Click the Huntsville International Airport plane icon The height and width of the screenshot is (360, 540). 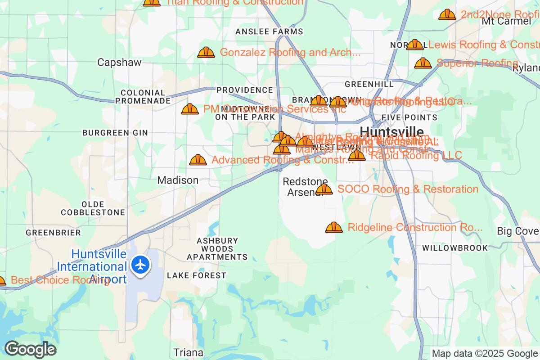[141, 265]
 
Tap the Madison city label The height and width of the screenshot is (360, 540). [178, 180]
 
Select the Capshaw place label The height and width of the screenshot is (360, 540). [119, 63]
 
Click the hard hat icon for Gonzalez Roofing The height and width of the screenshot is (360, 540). [206, 53]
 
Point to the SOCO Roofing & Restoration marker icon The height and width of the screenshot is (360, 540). [324, 189]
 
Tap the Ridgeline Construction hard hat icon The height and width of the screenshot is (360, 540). [334, 228]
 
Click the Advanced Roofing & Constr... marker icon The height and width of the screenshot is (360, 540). [198, 160]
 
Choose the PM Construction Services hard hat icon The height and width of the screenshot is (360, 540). [190, 109]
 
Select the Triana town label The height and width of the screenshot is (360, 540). [189, 352]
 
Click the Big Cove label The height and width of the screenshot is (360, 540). [518, 231]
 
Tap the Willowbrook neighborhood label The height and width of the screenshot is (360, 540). [455, 248]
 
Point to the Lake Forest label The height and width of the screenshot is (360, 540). [197, 275]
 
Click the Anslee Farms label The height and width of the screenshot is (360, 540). [270, 31]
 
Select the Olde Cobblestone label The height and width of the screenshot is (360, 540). [93, 208]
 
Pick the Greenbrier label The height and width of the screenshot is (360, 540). [54, 233]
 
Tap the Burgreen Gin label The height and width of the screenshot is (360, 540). [115, 133]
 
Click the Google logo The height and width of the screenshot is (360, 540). [31, 349]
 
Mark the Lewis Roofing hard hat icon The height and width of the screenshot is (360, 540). [415, 45]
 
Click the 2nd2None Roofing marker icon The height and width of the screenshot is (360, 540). [447, 15]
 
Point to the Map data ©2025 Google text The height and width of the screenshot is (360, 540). [485, 353]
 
